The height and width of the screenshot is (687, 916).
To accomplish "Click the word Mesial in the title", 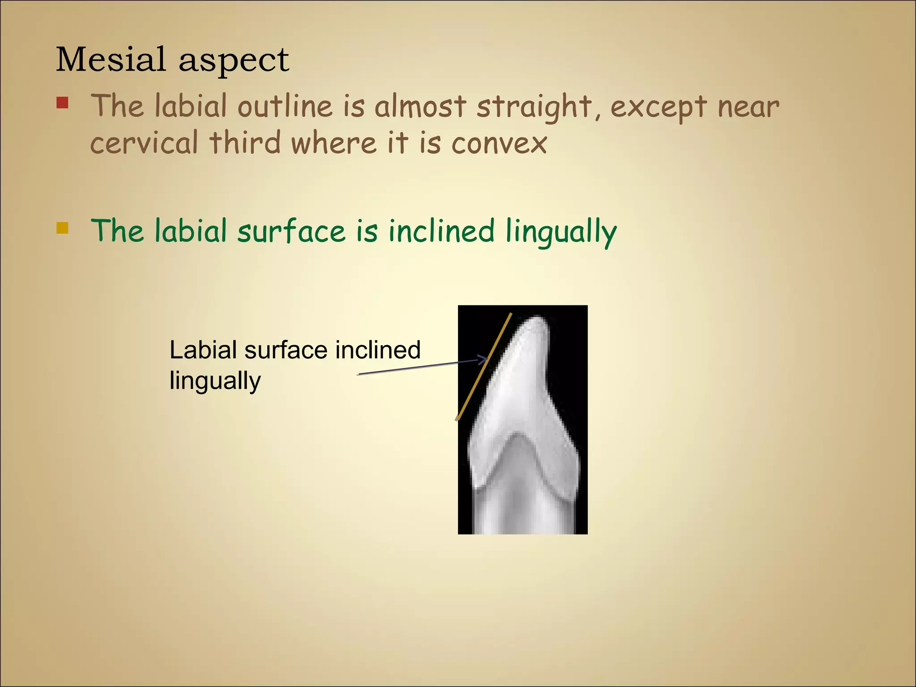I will tap(110, 59).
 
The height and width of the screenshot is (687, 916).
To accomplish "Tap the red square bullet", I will tap(62, 103).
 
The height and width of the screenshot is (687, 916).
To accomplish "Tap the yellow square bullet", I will tap(62, 228).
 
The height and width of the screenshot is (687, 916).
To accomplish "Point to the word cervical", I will tap(144, 143).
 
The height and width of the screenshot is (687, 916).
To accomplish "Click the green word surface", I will tap(291, 232).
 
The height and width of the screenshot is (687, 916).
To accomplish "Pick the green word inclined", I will tap(441, 231).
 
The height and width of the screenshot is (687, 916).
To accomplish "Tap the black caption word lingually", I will tap(215, 381).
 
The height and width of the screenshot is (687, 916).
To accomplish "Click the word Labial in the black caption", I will tap(203, 350).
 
